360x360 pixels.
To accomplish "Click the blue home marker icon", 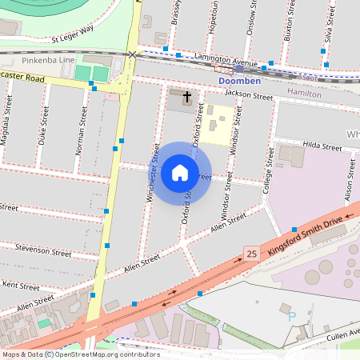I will tap(180, 173).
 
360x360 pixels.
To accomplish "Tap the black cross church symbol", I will tap(187, 98).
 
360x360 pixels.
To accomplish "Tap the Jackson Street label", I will tap(249, 96).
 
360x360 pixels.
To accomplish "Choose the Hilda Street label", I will tap(322, 146).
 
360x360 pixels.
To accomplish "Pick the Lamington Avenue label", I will tap(226, 60).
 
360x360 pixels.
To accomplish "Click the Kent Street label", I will tap(21, 284).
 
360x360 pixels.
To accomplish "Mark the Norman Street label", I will tap(82, 130).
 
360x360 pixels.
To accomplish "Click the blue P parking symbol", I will tap(291, 317).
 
